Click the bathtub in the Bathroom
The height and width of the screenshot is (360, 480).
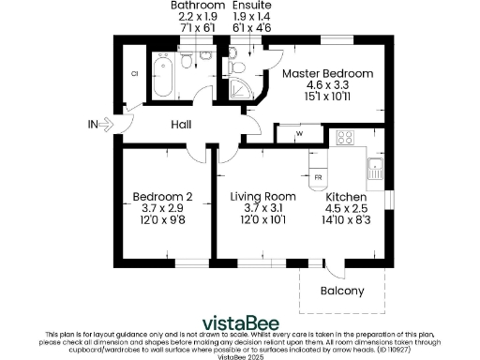(163, 79)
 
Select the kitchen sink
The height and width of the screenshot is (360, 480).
(375, 169)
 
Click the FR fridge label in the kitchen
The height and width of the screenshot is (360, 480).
(318, 176)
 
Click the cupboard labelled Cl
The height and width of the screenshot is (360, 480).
(135, 73)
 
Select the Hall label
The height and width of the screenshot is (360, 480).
(183, 124)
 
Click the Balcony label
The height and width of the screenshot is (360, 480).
(342, 291)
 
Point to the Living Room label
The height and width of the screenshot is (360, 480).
(263, 196)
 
